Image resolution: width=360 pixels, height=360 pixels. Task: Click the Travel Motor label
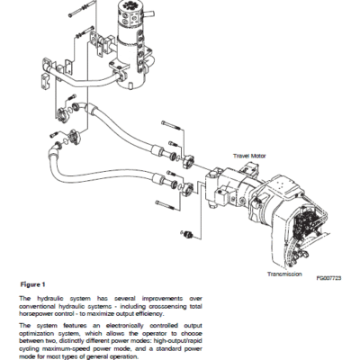tap(249, 156)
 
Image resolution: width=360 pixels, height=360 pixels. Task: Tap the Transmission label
tap(284, 274)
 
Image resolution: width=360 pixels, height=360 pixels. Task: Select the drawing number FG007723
tap(328, 278)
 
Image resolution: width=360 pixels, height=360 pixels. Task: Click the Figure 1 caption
tap(32, 284)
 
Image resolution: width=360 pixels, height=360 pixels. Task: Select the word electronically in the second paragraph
tap(125, 326)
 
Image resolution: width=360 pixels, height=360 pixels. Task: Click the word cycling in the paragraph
tap(29, 349)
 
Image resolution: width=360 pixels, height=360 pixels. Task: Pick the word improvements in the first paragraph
tap(162, 299)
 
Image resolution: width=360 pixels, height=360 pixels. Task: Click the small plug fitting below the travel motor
tap(188, 234)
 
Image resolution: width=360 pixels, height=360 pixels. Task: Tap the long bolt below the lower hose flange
tap(166, 205)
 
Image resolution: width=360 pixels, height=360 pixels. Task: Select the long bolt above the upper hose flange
tap(171, 125)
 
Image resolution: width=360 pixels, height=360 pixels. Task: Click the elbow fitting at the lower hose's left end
tap(52, 149)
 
